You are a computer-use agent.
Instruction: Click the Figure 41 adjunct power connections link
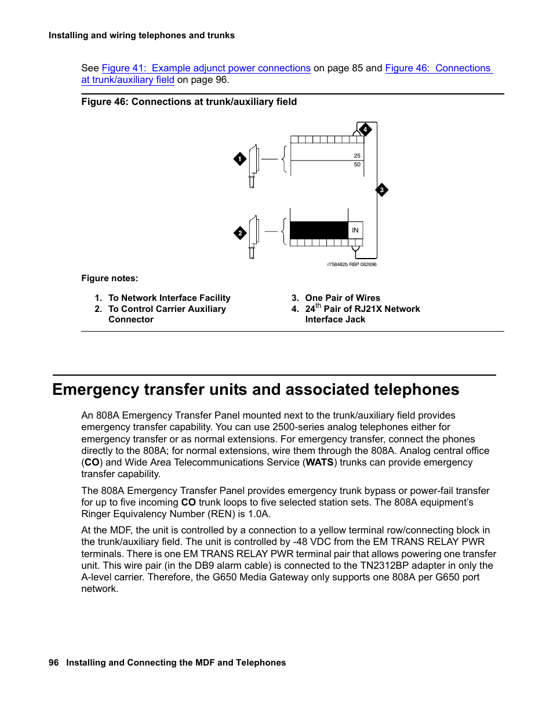(206, 68)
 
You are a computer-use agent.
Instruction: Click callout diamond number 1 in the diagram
(240, 159)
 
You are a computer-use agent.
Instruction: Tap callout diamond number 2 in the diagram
(240, 233)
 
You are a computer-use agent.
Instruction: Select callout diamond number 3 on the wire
(381, 190)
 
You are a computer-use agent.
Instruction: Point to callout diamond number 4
(365, 129)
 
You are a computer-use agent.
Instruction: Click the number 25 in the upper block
(357, 155)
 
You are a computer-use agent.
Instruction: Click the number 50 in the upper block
(357, 165)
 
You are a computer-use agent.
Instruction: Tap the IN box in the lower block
(355, 230)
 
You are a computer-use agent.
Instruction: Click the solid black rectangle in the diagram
(319, 230)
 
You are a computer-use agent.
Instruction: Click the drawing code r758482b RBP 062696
(352, 264)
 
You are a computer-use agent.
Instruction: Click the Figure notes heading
(110, 278)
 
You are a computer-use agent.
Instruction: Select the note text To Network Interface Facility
(169, 298)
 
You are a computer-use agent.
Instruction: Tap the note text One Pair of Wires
(343, 298)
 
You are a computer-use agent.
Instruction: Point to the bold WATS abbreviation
(319, 463)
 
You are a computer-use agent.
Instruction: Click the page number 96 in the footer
(54, 663)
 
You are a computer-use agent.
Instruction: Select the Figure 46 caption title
(189, 102)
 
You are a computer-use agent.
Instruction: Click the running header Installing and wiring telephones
(141, 35)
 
